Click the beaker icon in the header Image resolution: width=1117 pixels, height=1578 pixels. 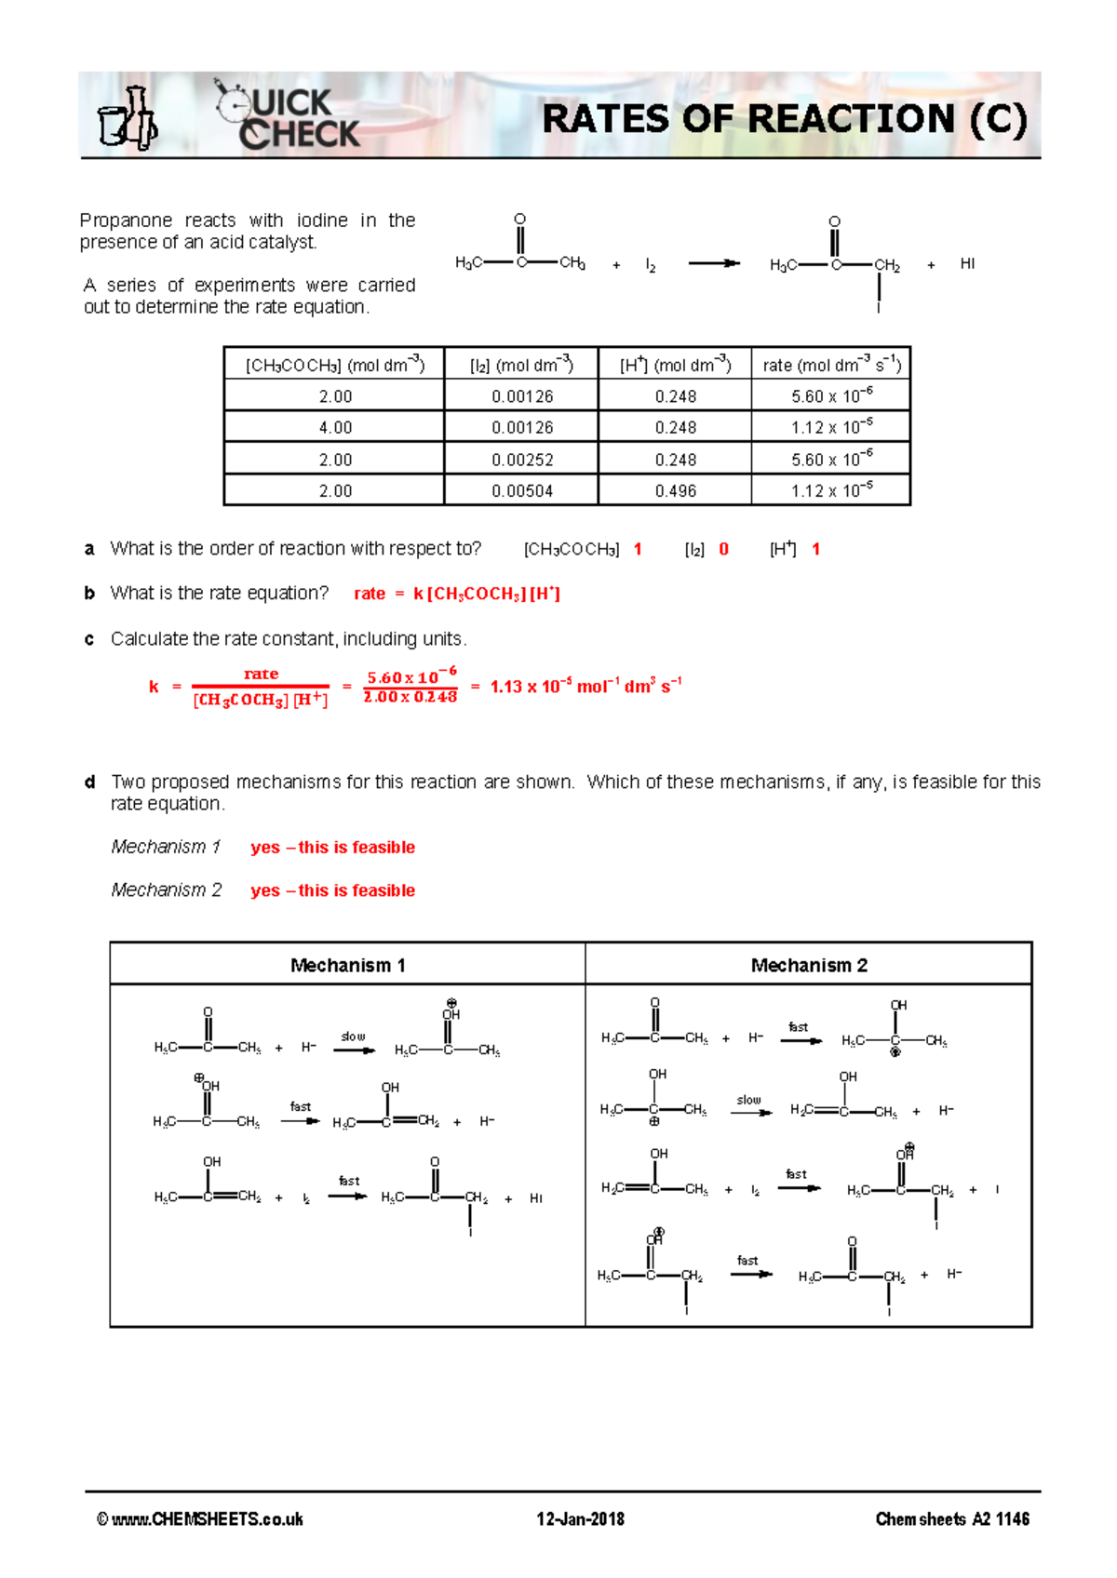(128, 119)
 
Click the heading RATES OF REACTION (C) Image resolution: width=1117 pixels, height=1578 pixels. (784, 119)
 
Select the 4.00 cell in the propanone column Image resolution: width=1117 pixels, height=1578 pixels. (335, 427)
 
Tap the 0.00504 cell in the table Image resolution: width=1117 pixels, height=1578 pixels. (522, 490)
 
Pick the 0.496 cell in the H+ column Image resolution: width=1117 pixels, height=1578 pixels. (675, 490)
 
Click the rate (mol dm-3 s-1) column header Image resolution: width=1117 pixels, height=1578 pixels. (831, 365)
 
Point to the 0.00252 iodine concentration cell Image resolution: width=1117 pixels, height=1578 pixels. (522, 460)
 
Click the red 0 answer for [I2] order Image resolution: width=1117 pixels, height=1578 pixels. (723, 549)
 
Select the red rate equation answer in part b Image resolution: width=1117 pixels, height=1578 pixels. (457, 594)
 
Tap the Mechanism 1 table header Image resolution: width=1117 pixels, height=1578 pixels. (347, 965)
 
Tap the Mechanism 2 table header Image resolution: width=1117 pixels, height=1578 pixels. (808, 965)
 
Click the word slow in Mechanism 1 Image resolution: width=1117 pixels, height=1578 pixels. (353, 1036)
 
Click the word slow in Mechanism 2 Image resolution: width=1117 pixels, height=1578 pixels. (748, 1099)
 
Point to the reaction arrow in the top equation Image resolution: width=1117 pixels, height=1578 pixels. (713, 263)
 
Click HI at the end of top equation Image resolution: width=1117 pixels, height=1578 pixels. (967, 263)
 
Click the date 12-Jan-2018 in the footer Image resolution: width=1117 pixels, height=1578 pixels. (580, 1518)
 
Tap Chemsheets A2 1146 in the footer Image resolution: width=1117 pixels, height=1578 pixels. (951, 1518)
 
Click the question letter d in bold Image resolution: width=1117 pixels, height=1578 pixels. (89, 782)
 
